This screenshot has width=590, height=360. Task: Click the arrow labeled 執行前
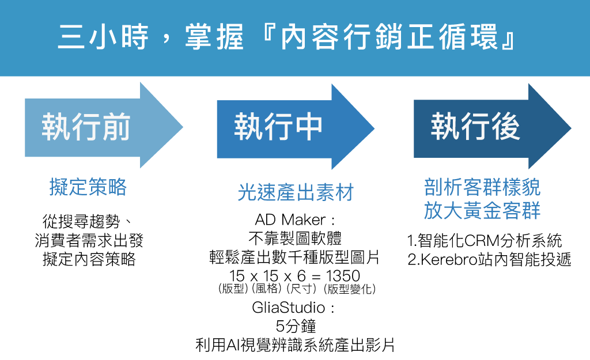(x=104, y=126)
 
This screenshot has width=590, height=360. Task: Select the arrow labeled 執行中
(x=296, y=127)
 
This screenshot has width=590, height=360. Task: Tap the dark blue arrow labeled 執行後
(x=492, y=126)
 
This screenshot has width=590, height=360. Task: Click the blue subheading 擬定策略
(x=88, y=187)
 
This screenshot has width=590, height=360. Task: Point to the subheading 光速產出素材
(x=296, y=192)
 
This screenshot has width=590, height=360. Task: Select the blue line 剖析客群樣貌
(x=482, y=187)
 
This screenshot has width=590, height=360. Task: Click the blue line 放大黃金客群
(x=482, y=210)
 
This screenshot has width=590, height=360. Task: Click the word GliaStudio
(x=288, y=308)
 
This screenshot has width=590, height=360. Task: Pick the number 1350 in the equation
(x=343, y=276)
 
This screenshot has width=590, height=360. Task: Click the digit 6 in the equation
(x=301, y=276)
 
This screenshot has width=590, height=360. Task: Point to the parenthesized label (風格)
(x=266, y=289)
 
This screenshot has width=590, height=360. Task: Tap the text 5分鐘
(x=296, y=326)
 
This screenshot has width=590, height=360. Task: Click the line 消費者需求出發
(x=89, y=240)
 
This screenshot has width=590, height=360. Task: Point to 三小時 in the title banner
(x=103, y=37)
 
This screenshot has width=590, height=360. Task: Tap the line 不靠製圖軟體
(x=296, y=238)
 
